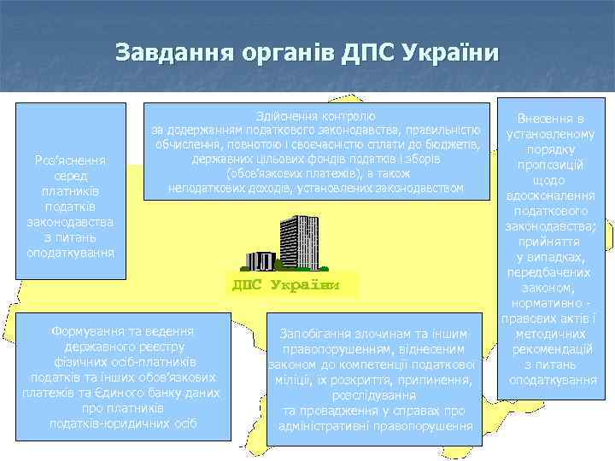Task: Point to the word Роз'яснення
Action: pos(72,160)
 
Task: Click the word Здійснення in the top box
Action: pos(286,115)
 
